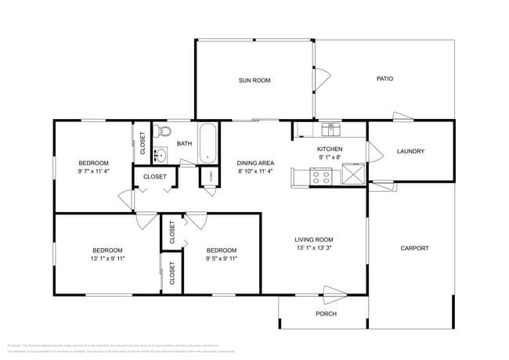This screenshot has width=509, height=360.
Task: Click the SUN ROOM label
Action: coord(254,80)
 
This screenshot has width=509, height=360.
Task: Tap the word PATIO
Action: coord(384,78)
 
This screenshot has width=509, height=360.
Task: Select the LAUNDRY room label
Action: coord(410,151)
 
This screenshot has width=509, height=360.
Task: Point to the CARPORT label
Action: coord(414,248)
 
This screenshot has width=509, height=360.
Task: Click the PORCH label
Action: coord(326,314)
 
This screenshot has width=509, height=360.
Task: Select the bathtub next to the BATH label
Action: coord(208,143)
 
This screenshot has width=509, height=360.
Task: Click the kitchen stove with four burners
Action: coord(321,178)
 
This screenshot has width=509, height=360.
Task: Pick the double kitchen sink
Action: coord(330,128)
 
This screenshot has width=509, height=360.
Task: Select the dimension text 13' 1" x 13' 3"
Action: coord(313,249)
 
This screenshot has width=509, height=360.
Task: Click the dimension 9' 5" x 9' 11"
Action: coord(221,259)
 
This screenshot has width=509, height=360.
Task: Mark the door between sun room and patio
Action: coord(321,80)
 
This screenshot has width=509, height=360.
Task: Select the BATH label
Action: coord(184,143)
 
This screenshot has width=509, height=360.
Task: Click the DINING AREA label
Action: coord(255,163)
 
